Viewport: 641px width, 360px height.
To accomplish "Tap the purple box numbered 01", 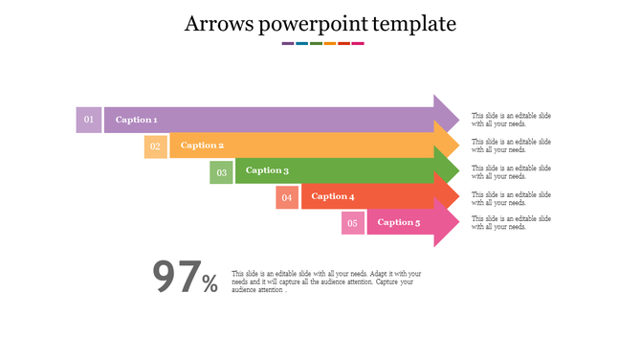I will pos(89,120).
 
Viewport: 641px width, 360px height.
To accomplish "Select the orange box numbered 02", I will pos(155,146).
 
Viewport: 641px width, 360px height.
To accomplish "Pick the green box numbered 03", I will pos(221,172).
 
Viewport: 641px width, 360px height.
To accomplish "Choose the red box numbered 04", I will pos(287,197).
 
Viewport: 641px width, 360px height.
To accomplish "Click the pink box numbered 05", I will pos(353,223).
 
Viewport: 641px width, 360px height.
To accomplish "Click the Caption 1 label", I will pos(136,120).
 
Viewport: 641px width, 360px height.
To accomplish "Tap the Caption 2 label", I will pos(202,146).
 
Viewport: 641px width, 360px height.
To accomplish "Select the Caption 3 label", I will pos(267,170).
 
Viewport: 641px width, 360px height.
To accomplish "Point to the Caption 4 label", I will pos(333,196).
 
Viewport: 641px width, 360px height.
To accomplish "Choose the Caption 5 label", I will pos(398,222).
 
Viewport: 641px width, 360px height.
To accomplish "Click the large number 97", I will pos(176,278).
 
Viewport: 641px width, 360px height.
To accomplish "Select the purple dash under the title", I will pos(288,44).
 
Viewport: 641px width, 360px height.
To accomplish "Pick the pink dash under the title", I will pos(358,44).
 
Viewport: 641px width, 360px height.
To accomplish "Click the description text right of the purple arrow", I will pos(511,120).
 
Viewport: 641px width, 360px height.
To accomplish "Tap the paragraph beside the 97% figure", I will pos(325,281).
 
